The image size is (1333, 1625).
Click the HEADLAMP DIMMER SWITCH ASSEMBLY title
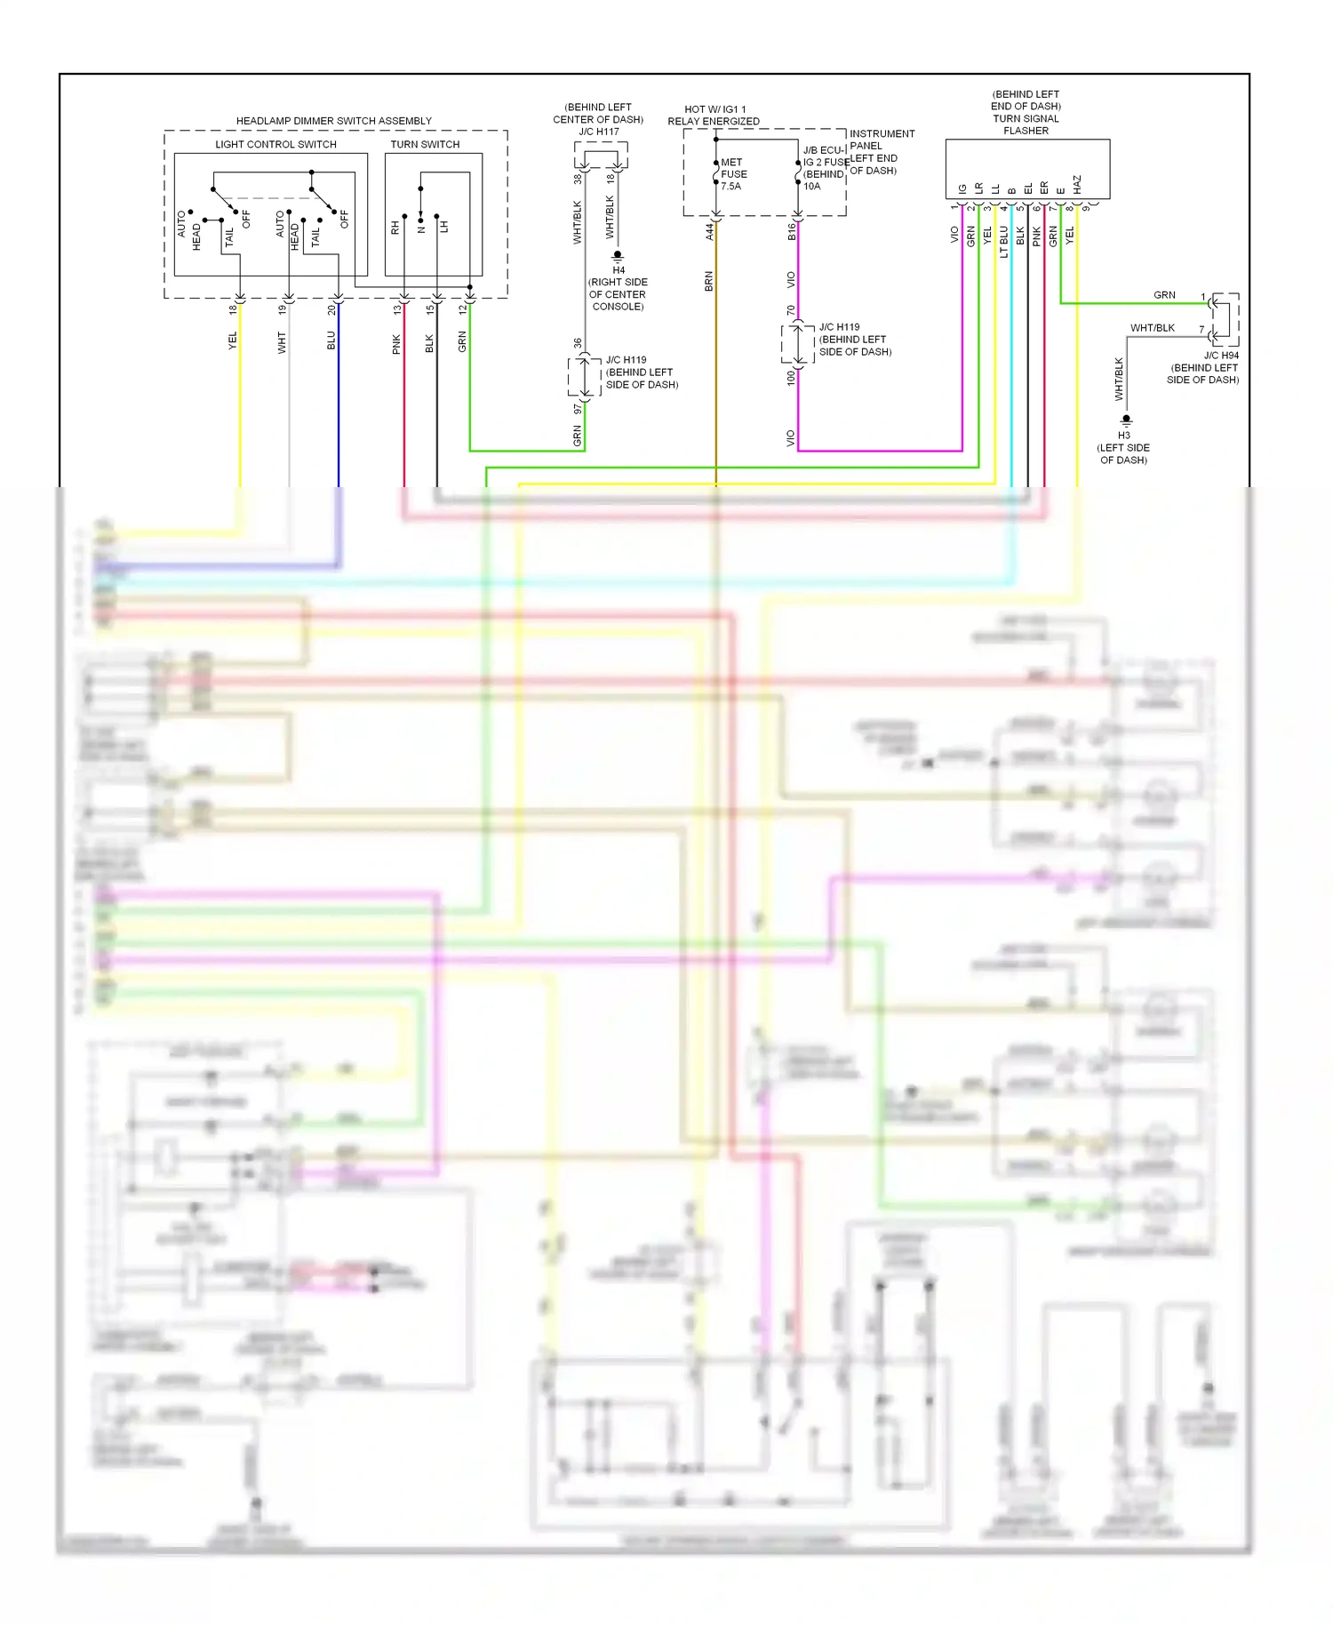pyautogui.click(x=333, y=121)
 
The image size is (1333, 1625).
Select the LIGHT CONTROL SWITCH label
pyautogui.click(x=275, y=144)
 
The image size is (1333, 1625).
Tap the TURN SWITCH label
pyautogui.click(x=425, y=144)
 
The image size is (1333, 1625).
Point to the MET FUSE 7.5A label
pyautogui.click(x=733, y=174)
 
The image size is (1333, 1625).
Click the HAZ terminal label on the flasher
pyautogui.click(x=1077, y=184)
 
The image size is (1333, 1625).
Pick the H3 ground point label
pyautogui.click(x=1124, y=435)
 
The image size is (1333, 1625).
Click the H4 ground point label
pyautogui.click(x=619, y=269)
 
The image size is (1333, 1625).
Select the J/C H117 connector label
pyautogui.click(x=599, y=132)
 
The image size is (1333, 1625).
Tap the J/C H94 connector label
pyautogui.click(x=1221, y=355)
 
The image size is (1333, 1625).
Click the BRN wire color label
pyautogui.click(x=708, y=282)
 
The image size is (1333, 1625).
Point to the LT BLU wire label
pyautogui.click(x=1003, y=241)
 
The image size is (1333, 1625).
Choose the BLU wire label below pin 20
pyautogui.click(x=331, y=340)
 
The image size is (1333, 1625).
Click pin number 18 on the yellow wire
pyautogui.click(x=233, y=309)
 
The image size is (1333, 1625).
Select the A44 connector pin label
pyautogui.click(x=709, y=231)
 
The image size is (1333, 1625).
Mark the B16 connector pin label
pyautogui.click(x=791, y=231)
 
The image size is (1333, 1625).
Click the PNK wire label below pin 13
pyautogui.click(x=396, y=344)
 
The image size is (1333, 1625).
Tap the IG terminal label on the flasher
pyautogui.click(x=962, y=188)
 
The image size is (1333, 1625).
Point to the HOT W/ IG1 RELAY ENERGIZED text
pyautogui.click(x=714, y=116)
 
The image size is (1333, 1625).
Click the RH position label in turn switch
pyautogui.click(x=395, y=228)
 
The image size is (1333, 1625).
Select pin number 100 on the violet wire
pyautogui.click(x=791, y=378)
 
